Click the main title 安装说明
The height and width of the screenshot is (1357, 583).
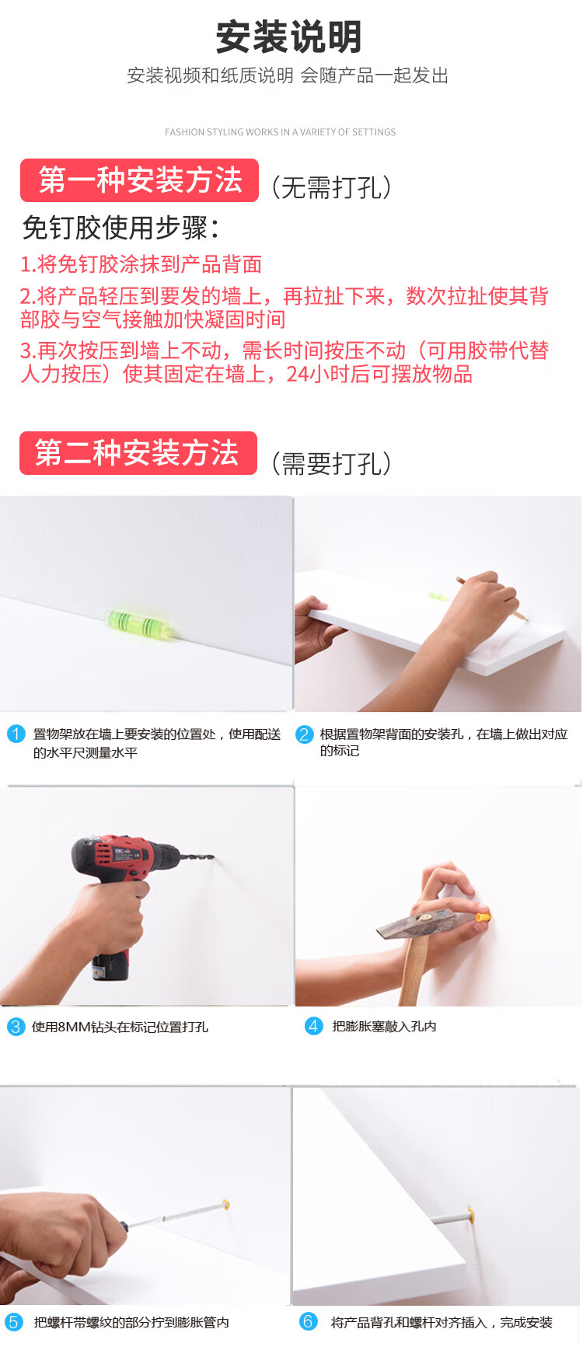coord(288,37)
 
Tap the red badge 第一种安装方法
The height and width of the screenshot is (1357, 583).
coord(139,180)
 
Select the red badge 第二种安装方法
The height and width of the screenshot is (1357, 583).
coord(138,452)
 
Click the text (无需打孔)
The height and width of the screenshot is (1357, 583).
coord(331,187)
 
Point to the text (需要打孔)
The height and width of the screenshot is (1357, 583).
coord(331,464)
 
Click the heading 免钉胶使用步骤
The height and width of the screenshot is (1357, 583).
coord(120,228)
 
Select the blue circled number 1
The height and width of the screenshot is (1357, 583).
coord(16,734)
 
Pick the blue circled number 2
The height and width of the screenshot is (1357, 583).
coord(305,734)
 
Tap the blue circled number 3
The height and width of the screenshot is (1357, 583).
coord(16,1027)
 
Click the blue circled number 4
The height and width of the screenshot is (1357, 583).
coord(313,1026)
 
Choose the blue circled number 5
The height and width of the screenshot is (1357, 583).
coord(14,1322)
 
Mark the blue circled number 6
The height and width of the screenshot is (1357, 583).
coord(309,1321)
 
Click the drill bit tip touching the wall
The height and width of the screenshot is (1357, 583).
coord(212,858)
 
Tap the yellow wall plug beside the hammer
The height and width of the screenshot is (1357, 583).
coord(483,919)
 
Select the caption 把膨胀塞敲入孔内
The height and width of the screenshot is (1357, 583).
coord(384,1027)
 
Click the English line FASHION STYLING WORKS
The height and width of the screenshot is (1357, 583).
coord(281,132)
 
